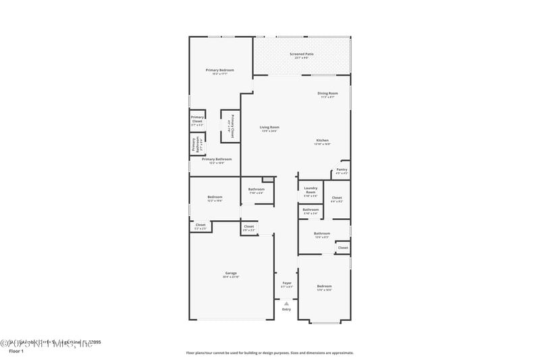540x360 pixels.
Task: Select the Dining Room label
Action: (328, 95)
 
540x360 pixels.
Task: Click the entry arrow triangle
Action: (286, 303)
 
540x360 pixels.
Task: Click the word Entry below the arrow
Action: (286, 309)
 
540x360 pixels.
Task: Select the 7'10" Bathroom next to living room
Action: (256, 190)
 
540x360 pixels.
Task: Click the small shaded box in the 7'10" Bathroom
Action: (268, 180)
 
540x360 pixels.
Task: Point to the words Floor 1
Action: (16, 351)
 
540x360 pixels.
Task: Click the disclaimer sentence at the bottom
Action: (270, 353)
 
